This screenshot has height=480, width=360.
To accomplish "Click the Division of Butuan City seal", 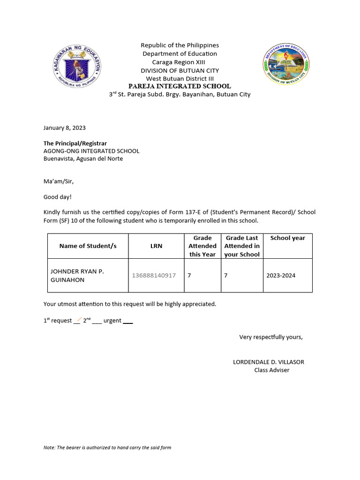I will coord(285,65).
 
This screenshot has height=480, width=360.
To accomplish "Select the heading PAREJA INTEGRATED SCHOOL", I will coord(180,86).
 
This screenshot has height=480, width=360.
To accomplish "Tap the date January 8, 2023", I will coord(65,127).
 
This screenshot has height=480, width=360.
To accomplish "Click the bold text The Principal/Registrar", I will coord(75,143).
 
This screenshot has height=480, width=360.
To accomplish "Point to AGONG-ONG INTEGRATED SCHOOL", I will coord(91,151).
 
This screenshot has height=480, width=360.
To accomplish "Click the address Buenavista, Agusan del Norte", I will coord(83,158).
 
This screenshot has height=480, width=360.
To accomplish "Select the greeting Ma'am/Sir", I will coord(59,181).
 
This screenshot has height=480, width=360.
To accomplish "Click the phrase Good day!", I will coord(58,197).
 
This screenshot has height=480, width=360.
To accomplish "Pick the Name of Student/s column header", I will coord(88,246).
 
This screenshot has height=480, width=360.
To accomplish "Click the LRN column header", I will coord(156,246).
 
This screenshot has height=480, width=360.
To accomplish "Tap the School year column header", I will coord(287,238).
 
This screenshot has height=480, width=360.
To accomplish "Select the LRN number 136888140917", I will coord(154,276).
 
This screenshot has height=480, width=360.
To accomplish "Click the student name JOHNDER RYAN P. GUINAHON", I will coord(77,275).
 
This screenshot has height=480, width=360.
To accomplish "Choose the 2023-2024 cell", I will coord(281,276).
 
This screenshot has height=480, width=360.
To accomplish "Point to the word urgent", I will coord(112,321).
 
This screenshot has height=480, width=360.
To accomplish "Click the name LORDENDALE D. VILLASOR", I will coord(268,362).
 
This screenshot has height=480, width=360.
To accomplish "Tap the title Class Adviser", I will coord(271,370).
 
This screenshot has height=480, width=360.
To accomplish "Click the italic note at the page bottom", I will coord(107,448).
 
